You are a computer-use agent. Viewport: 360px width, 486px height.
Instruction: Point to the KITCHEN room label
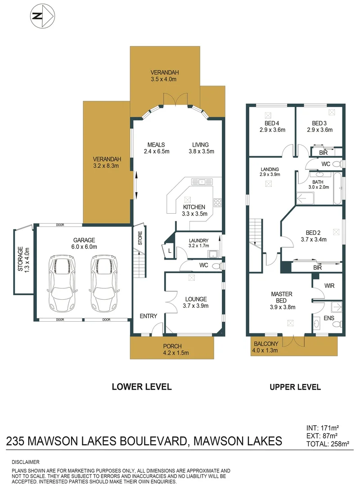point(194,210)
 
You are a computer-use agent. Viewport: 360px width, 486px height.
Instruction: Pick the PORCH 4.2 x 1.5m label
point(172,349)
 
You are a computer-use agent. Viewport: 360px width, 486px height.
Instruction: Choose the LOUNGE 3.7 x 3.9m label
point(195,302)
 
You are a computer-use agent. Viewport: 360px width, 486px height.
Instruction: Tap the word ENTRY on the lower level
point(148,316)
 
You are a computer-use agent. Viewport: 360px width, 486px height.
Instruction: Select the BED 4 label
point(272,126)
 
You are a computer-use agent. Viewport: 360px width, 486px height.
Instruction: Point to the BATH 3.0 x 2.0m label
point(318,184)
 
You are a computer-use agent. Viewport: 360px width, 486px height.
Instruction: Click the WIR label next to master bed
point(329,286)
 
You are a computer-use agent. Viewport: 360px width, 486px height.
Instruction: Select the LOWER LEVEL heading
point(141,387)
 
